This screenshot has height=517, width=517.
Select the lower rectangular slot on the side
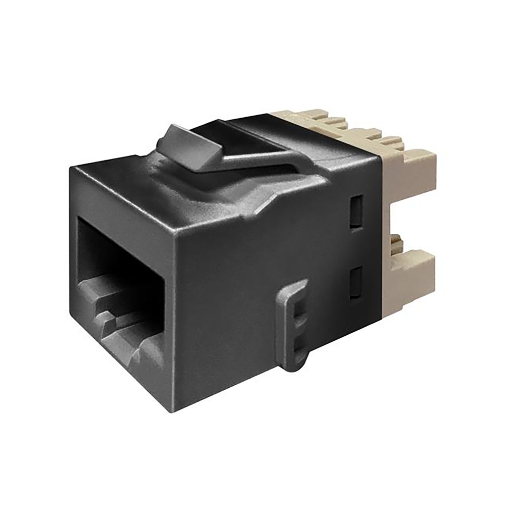356,283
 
